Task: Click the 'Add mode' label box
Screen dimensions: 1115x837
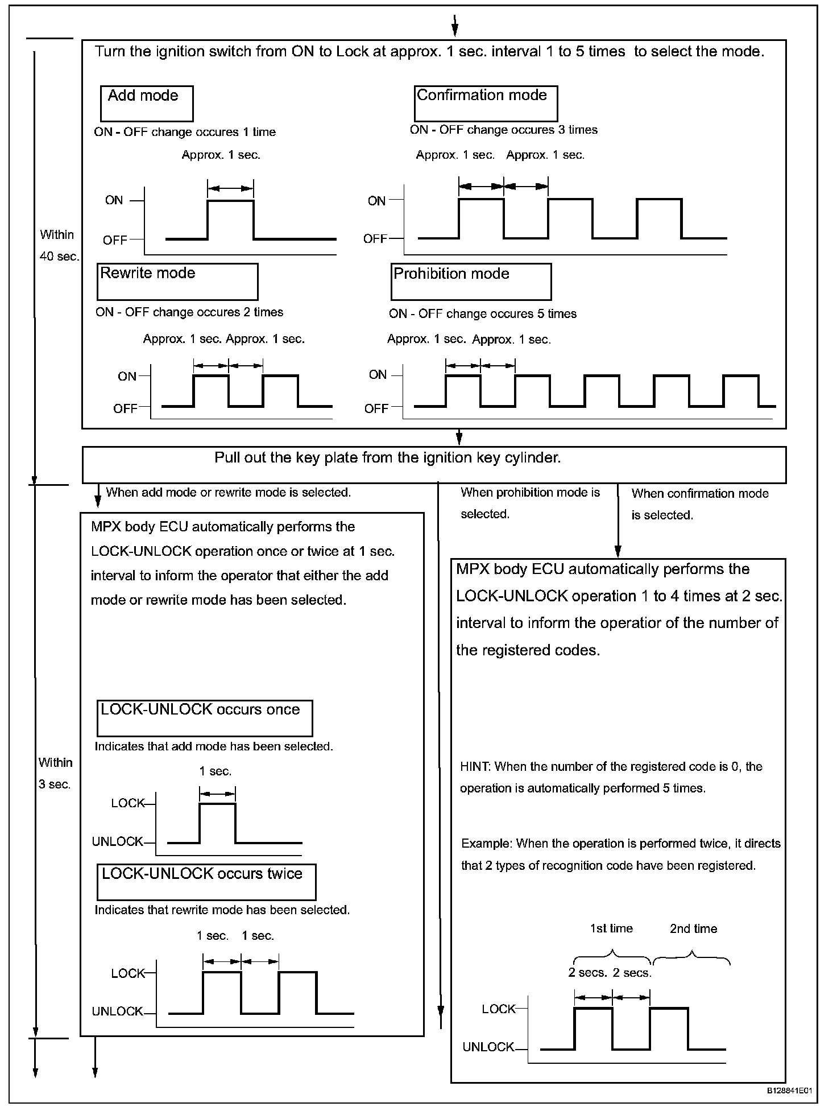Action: (x=147, y=104)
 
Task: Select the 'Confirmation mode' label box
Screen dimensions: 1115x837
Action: (x=486, y=103)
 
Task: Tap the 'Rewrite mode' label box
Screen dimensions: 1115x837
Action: (x=177, y=281)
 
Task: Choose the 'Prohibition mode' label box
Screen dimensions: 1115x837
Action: (x=471, y=281)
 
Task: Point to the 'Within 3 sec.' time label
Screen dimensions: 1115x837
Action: (x=55, y=773)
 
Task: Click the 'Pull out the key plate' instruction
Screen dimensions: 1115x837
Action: (x=387, y=459)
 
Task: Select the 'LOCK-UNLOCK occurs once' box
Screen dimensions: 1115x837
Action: (x=205, y=718)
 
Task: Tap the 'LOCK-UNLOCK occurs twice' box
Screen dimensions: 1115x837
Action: (x=206, y=882)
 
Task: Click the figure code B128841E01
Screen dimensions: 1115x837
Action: (x=789, y=1091)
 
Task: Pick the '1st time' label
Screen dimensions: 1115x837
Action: (x=611, y=928)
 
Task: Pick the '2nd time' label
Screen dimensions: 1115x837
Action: (x=693, y=928)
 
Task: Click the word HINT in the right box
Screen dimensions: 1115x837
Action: (x=474, y=766)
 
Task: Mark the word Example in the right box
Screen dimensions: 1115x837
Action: (x=485, y=844)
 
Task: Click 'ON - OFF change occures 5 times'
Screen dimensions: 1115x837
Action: (x=483, y=314)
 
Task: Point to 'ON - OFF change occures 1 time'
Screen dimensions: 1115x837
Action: (x=185, y=132)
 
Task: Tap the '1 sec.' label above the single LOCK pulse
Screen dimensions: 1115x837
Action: (x=216, y=771)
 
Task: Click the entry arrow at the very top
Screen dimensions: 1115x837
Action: (x=455, y=26)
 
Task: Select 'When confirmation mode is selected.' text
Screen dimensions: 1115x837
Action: (x=700, y=504)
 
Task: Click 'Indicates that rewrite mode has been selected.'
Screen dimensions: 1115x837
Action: (x=222, y=910)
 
